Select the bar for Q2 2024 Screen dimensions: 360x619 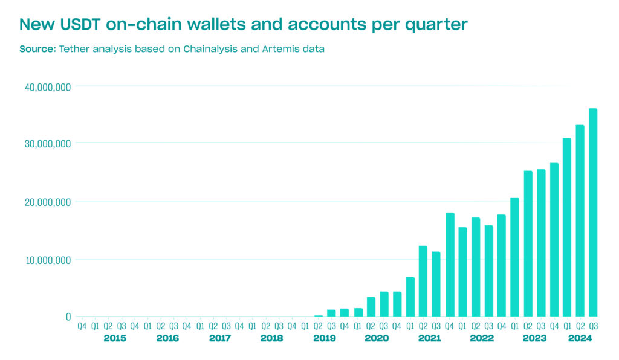click(x=580, y=220)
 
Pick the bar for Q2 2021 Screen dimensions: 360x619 click(x=423, y=281)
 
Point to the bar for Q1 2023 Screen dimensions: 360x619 click(x=514, y=257)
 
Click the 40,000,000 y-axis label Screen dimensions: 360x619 click(x=48, y=87)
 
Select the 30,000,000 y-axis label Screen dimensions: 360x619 click(x=48, y=144)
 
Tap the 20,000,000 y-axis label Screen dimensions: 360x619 click(x=48, y=202)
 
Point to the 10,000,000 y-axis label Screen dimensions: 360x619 click(x=48, y=260)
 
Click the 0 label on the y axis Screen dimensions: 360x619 click(x=68, y=317)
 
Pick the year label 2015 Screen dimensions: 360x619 click(x=115, y=338)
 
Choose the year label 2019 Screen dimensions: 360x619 click(x=325, y=338)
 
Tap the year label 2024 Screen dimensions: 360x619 click(x=580, y=338)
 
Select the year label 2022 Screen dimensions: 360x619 click(x=482, y=338)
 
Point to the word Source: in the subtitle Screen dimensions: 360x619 click(x=37, y=49)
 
